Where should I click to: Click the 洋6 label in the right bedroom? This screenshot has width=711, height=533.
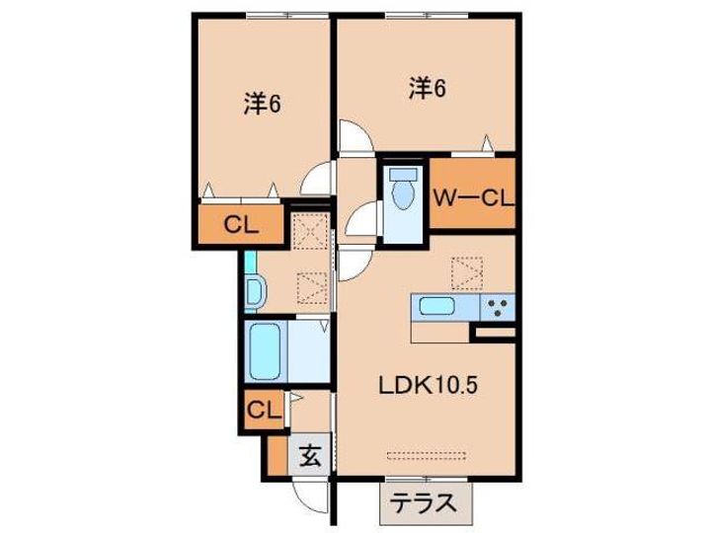pyautogui.click(x=428, y=89)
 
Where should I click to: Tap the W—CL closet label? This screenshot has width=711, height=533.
pyautogui.click(x=474, y=197)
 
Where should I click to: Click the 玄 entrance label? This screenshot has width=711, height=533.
pyautogui.click(x=310, y=457)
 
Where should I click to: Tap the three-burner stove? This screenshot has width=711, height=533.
pyautogui.click(x=498, y=307)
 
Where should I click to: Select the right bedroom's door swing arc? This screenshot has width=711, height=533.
pyautogui.click(x=354, y=136)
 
